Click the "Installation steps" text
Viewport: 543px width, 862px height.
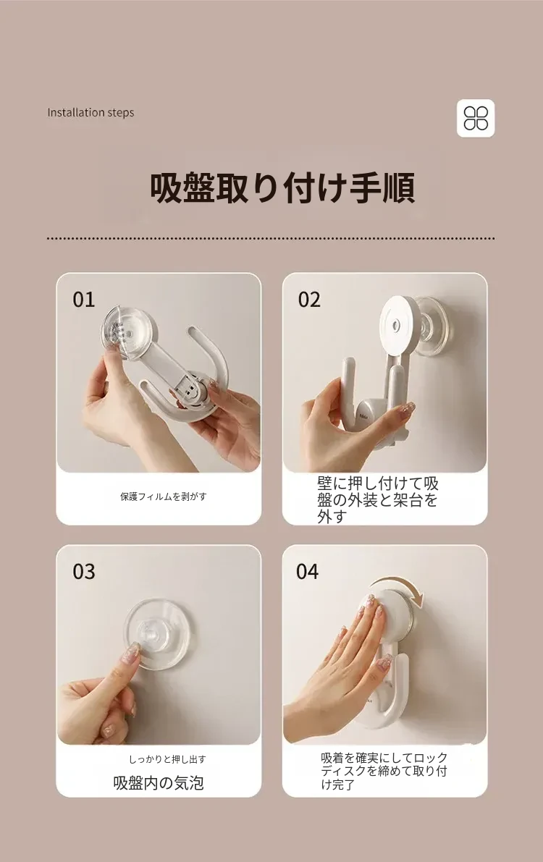90,113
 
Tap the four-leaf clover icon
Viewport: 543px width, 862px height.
476,118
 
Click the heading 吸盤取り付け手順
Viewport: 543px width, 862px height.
282,189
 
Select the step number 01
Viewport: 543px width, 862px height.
84,300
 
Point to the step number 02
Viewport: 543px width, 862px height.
309,300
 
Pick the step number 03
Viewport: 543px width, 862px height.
84,572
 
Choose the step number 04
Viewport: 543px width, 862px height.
308,572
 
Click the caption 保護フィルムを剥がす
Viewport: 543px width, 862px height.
164,497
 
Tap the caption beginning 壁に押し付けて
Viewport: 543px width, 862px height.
378,499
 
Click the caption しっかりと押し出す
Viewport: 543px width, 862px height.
167,759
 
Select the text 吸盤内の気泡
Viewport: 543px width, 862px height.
159,783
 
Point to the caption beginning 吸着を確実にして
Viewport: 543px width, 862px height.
384,772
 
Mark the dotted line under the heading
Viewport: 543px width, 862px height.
271,239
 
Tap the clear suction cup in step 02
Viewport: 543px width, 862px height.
437,327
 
